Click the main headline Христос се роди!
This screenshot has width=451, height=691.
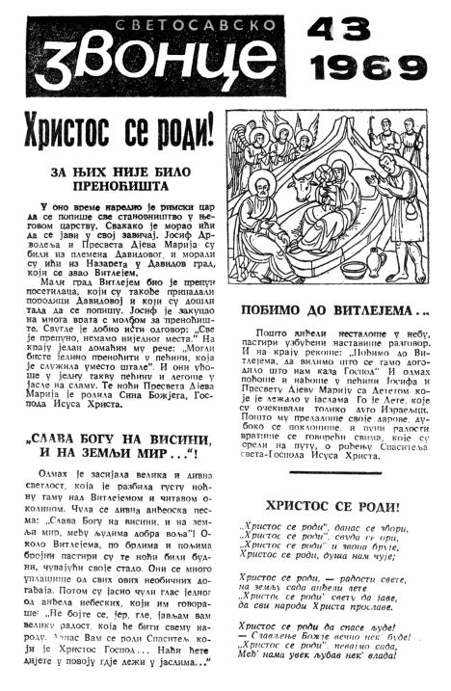pos(120,131)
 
